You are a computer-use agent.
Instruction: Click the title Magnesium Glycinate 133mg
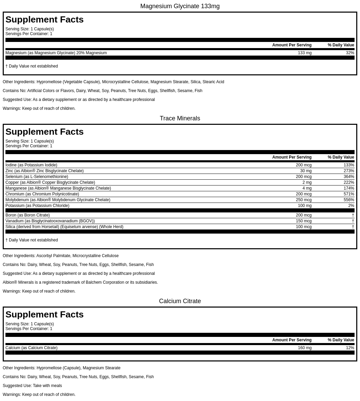coord(180,6)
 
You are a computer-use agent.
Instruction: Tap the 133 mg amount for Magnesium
coord(304,53)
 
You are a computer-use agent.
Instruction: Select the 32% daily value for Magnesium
coord(350,53)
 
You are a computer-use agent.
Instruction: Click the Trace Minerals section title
coord(180,118)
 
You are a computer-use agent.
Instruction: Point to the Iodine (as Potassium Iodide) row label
coord(31,165)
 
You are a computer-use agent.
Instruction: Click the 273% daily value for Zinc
coord(349,171)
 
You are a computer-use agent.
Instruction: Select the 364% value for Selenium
coord(349,177)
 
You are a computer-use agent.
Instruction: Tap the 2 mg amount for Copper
coord(307,182)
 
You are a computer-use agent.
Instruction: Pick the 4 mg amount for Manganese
coord(307,188)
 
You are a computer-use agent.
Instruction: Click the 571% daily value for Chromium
coord(349,194)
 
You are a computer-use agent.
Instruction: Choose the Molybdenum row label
coord(58,200)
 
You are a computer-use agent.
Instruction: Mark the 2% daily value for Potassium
coord(351,206)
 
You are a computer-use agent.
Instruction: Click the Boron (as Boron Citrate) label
coord(28,215)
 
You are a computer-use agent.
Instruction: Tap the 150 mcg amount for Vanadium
coord(303,221)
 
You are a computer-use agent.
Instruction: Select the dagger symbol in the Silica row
coord(353,227)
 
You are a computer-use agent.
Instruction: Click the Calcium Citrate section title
coord(180,301)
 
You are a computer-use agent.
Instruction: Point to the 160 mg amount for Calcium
coord(304,348)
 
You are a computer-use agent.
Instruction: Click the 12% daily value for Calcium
coord(350,348)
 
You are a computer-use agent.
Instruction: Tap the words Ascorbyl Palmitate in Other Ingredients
coord(53,256)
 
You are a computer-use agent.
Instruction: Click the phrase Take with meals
coord(47,386)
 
